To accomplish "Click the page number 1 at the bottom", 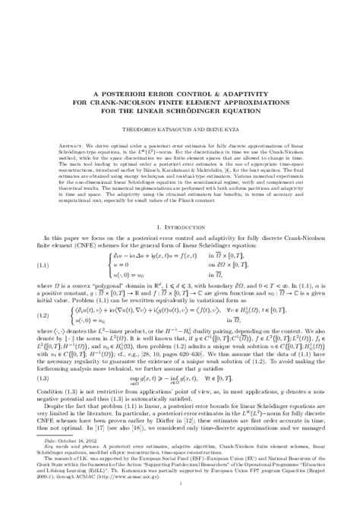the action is pyautogui.click(x=180, y=501).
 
